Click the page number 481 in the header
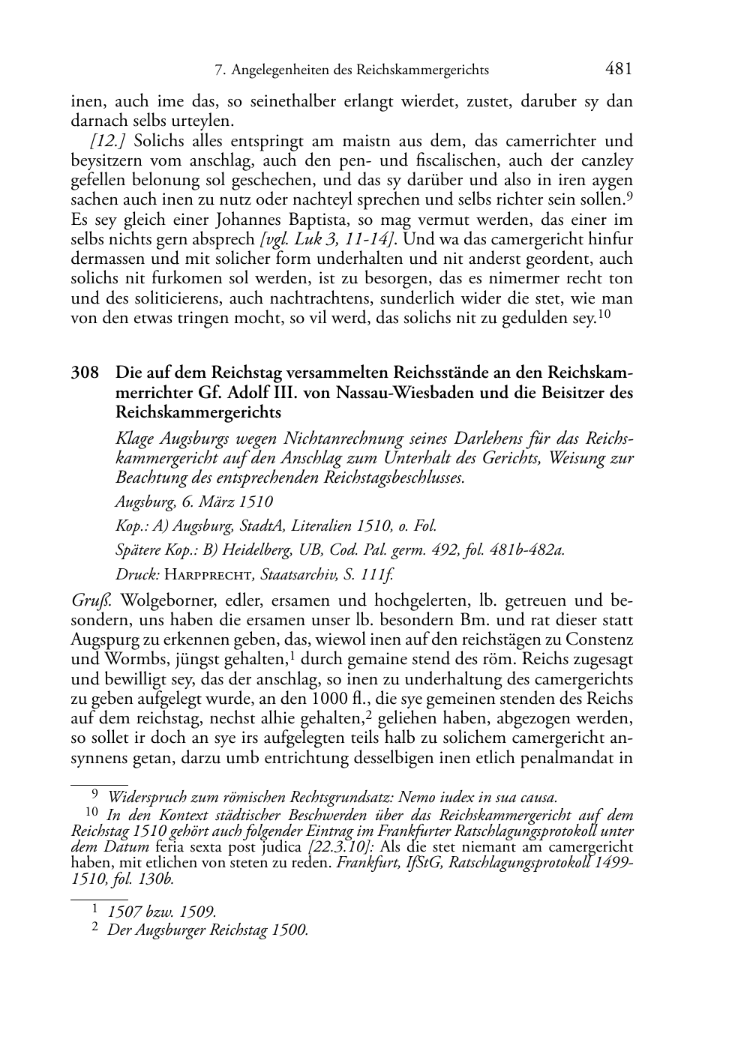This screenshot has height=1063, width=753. pyautogui.click(x=618, y=69)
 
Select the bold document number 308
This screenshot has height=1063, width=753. pyautogui.click(x=85, y=373)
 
